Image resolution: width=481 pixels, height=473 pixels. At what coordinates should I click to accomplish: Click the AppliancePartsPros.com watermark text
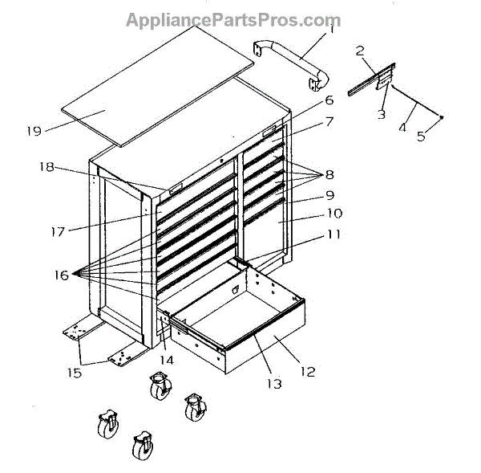tap(232, 20)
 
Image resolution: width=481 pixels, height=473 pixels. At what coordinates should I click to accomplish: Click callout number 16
tap(62, 274)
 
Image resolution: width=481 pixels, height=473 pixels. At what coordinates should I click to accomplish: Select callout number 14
tap(165, 361)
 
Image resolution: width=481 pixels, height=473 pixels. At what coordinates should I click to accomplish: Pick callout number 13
tap(274, 384)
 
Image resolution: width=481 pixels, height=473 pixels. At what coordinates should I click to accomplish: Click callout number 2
tap(360, 51)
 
